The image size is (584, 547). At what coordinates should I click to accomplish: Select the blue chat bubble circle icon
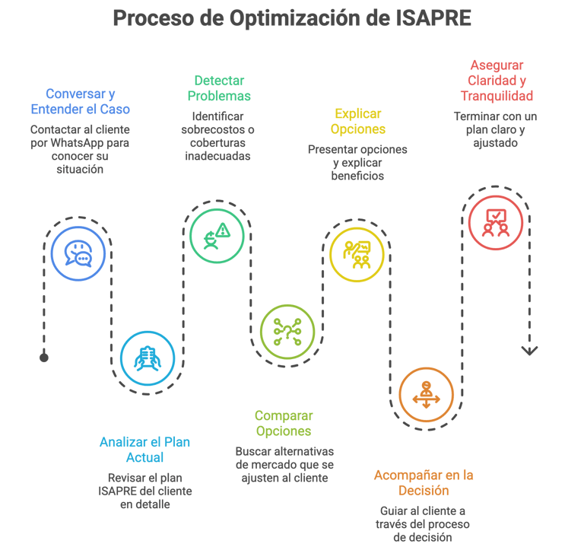(78, 254)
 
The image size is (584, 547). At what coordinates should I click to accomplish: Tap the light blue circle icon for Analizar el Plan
(147, 358)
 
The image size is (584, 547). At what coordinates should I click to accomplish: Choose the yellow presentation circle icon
(357, 254)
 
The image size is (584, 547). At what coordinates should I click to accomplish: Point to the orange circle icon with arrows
(426, 394)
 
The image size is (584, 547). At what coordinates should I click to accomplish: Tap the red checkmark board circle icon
(496, 223)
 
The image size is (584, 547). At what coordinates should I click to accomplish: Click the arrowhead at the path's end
(529, 351)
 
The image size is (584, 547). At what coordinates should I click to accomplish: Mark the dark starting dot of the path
(44, 358)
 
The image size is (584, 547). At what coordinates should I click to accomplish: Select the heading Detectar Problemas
(219, 88)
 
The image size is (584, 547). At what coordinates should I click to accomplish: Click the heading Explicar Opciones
(358, 122)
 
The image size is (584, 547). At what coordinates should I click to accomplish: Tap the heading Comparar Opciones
(283, 424)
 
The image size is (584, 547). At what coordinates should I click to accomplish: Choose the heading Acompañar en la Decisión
(424, 483)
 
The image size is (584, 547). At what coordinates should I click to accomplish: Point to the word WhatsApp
(78, 143)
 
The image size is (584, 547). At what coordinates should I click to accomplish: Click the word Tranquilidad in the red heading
(497, 97)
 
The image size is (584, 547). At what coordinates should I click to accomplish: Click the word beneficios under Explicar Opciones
(357, 176)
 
